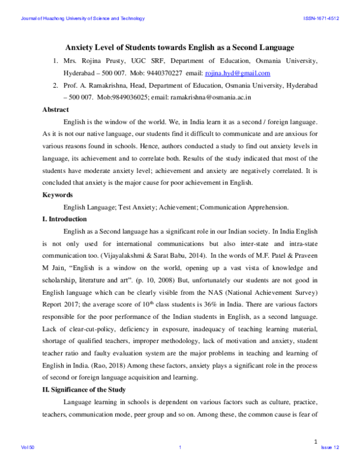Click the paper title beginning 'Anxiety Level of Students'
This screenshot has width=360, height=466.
pos(179,47)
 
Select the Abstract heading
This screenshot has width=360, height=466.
pos(56,109)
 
